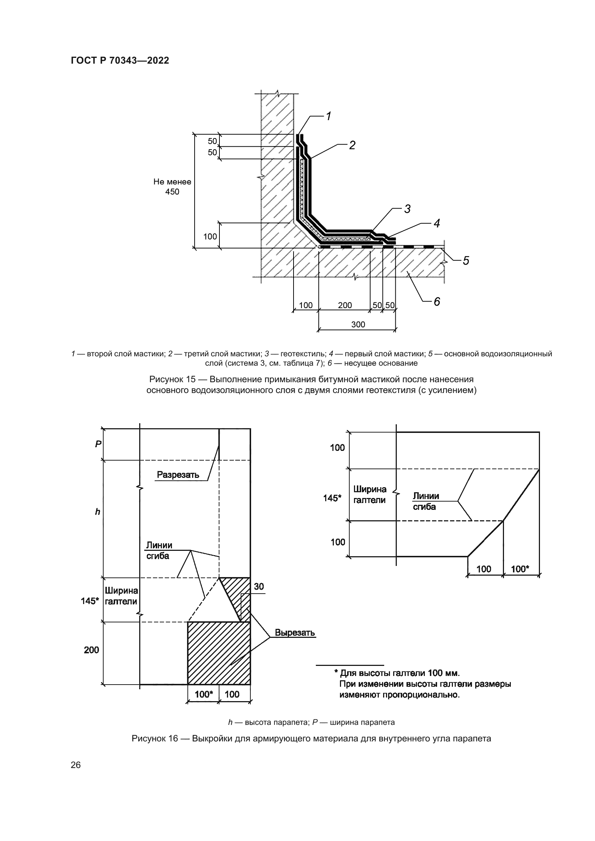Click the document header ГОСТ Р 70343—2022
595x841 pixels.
coord(120,60)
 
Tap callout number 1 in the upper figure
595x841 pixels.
coord(329,116)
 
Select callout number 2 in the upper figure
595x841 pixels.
coord(352,145)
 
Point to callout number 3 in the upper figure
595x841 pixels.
coord(407,209)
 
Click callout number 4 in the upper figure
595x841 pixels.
coord(436,223)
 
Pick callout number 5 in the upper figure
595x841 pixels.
coord(465,260)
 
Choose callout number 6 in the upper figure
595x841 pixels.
coord(437,301)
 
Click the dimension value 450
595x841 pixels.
coord(172,192)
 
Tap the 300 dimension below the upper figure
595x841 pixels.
coord(358,324)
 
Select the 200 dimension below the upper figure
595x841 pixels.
coord(345,305)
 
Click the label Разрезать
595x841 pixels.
coord(178,475)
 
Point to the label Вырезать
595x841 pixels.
coord(295,632)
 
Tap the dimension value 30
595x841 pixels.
coord(259,586)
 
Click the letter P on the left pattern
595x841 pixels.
coord(98,444)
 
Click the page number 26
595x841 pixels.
coord(76,765)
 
